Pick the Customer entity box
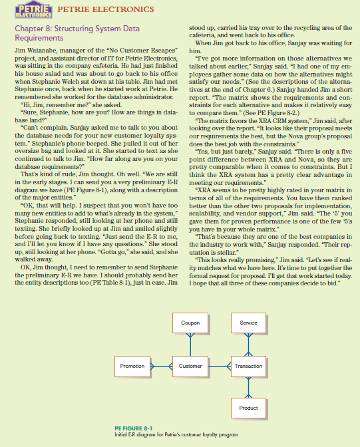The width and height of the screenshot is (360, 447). click(x=190, y=367)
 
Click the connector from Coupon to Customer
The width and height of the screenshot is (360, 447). click(x=190, y=345)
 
